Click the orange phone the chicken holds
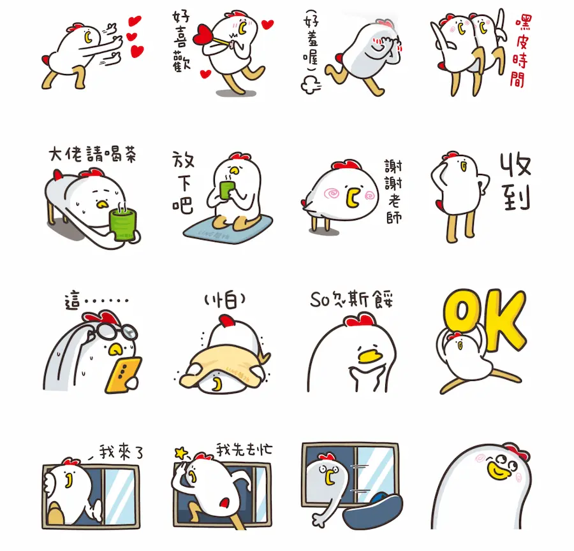click(123, 375)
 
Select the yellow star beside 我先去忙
click(180, 453)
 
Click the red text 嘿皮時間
click(520, 51)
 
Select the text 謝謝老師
click(394, 191)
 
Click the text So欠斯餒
click(352, 299)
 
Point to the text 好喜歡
click(182, 41)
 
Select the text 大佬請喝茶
click(92, 154)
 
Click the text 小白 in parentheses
click(224, 300)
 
